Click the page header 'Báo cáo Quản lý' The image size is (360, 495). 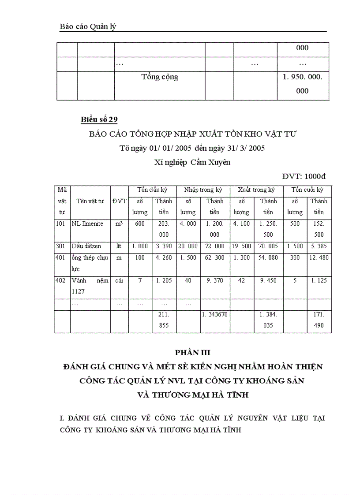click(88, 27)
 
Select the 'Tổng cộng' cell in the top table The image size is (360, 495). click(160, 77)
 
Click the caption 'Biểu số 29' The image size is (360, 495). click(99, 120)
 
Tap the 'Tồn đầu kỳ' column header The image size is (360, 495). click(152, 190)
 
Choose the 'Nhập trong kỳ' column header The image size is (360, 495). click(203, 190)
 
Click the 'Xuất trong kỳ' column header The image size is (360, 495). click(256, 190)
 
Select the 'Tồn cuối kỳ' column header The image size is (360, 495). click(307, 190)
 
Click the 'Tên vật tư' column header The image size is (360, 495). click(90, 201)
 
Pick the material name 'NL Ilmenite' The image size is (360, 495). click(87, 224)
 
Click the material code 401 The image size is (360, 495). click(61, 258)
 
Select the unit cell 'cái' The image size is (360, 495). click(119, 281)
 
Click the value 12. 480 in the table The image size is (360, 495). click(319, 258)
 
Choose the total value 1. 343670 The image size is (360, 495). click(215, 315)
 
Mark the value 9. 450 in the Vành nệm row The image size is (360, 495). click(268, 281)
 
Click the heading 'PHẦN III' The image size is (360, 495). click(193, 353)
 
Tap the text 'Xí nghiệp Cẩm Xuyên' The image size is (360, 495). click(192, 162)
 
